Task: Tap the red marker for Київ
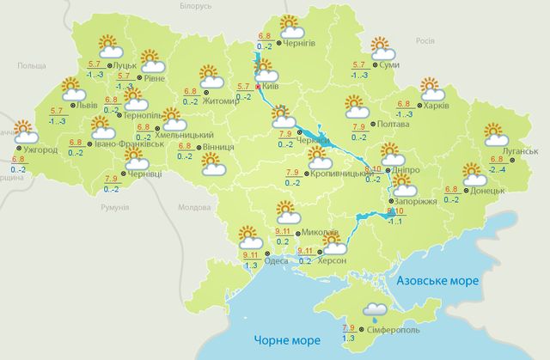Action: (x=258, y=86)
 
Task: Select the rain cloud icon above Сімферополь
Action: (x=376, y=310)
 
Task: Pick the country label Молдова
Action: (x=192, y=208)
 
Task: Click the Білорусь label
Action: (x=192, y=7)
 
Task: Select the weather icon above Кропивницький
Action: (x=322, y=157)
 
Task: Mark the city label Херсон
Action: (x=333, y=260)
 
